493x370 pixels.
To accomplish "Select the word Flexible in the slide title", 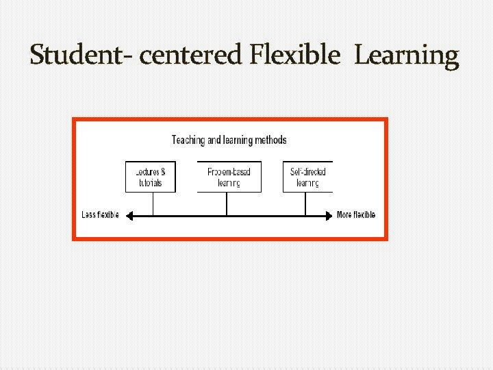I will (294, 55).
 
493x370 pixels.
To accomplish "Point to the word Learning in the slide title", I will (406, 55).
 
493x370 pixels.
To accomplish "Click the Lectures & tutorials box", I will (150, 177).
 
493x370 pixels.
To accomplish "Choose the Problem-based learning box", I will (229, 177).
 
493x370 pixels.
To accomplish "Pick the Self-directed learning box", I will (307, 177).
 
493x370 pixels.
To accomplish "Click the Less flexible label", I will (100, 214).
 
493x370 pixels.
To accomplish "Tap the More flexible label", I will (356, 214).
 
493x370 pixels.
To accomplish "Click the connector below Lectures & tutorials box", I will (153, 203).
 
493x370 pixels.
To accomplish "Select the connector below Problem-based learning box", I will (227, 203).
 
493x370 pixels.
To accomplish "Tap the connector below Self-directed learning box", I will (305, 203).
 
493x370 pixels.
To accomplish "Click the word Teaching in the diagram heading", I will (188, 140).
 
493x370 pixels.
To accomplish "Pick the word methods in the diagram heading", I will (270, 140).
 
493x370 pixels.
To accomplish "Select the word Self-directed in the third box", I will (307, 171).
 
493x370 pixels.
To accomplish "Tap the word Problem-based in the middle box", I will (229, 171).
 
